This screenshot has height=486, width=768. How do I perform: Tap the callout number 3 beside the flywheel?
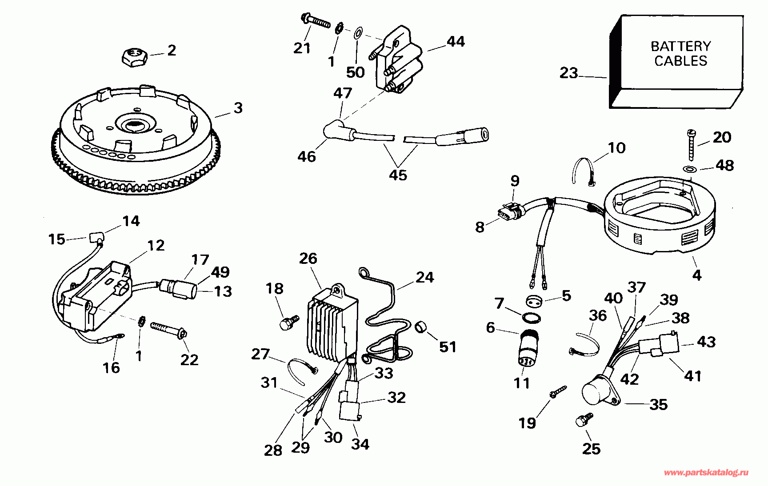tap(238, 108)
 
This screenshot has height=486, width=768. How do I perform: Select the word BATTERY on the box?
tap(680, 46)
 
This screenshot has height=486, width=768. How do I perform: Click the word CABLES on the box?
tap(680, 61)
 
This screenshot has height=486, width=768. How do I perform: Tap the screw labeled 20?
tap(692, 145)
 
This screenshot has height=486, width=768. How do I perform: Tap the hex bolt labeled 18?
tap(288, 322)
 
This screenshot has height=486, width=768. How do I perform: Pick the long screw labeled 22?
tap(169, 330)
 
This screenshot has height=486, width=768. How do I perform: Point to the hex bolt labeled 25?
tap(584, 419)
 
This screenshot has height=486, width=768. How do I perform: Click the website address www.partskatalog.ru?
tap(706, 473)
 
